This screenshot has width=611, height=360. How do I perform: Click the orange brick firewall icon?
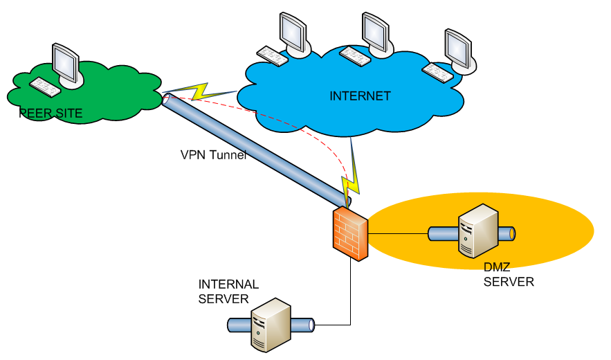350,233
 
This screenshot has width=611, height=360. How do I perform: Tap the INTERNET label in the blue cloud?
360,96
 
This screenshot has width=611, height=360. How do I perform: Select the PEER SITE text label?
51,114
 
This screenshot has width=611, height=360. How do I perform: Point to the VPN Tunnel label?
214,155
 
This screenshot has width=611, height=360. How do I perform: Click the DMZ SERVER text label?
509,274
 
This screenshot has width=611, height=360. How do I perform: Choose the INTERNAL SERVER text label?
228,291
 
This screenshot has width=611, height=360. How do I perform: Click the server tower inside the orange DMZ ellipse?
478,231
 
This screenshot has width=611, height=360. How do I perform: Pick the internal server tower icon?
271,325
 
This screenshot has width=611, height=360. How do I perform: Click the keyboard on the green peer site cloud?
45,87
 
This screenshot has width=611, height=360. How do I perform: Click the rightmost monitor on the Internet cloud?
460,51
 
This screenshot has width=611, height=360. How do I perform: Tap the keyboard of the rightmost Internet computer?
438,73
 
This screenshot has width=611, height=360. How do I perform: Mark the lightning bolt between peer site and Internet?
199,91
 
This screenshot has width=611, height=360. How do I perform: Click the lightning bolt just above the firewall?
351,172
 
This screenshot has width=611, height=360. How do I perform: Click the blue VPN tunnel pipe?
257,150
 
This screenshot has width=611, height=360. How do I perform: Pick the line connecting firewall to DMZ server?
398,234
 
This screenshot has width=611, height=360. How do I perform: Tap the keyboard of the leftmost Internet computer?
273,56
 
